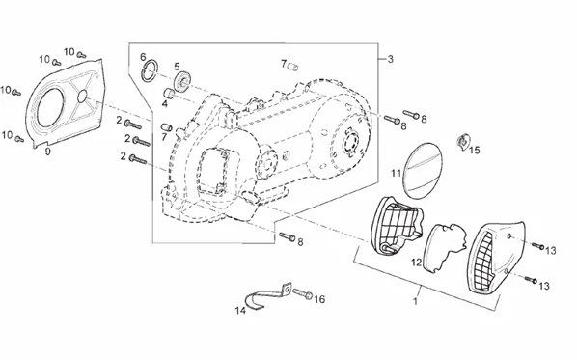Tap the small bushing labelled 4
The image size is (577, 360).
click(169, 93)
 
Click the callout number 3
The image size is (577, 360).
click(390, 59)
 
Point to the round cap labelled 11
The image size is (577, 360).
click(423, 170)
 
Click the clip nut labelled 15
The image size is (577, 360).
click(463, 140)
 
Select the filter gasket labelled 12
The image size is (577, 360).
click(445, 246)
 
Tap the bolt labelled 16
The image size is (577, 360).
click(303, 293)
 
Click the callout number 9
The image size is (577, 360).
click(47, 152)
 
